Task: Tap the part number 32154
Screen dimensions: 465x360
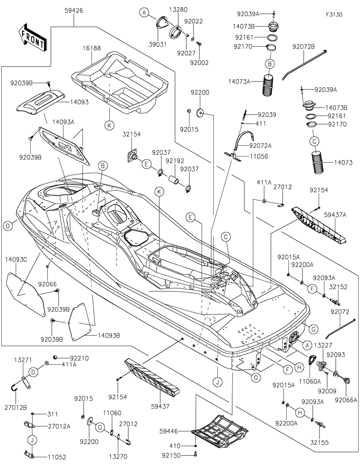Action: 131,134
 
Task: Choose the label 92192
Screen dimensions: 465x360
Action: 174,160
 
